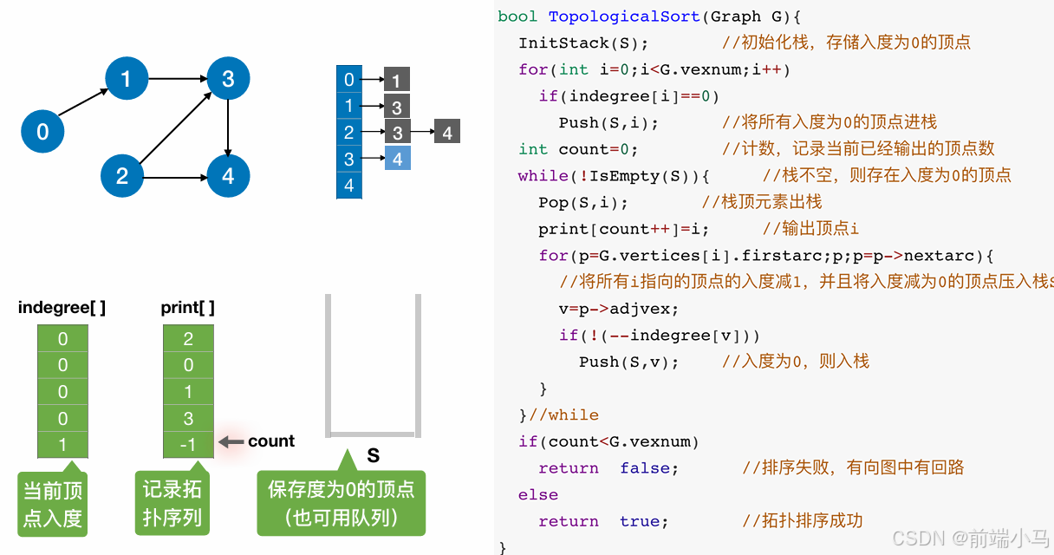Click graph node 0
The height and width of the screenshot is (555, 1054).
43,132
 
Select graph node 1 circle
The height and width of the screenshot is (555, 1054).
127,79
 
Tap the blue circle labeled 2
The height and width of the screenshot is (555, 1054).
122,176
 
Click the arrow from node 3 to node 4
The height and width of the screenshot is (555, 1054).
228,127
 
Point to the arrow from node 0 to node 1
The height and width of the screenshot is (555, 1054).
85,106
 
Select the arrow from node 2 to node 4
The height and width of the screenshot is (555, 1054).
174,177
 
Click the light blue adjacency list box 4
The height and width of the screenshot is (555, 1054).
398,159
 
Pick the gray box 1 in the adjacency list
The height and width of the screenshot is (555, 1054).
396,81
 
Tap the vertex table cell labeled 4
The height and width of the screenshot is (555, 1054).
348,185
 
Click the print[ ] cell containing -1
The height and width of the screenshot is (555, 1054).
188,445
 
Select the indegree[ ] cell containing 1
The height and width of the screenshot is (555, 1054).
62,445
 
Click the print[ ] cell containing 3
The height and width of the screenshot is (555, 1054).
188,419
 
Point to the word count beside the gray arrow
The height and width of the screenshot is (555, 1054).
271,441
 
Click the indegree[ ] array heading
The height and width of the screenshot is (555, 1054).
62,308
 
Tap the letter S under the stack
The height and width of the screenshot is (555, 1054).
373,455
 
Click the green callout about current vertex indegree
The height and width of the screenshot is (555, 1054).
53,504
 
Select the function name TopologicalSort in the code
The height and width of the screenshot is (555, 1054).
623,16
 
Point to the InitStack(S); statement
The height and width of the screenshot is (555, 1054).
583,42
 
